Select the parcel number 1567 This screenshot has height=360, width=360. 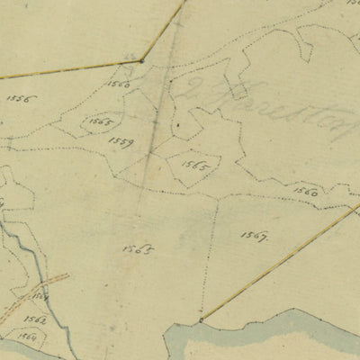coord(255,235)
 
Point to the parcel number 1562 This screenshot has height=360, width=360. coord(35,319)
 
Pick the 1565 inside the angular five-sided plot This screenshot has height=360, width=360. coord(194,166)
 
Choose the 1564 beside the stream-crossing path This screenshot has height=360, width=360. coord(40,295)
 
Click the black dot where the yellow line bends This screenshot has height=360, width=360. coord(141,60)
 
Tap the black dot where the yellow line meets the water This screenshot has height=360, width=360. coord(201,319)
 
